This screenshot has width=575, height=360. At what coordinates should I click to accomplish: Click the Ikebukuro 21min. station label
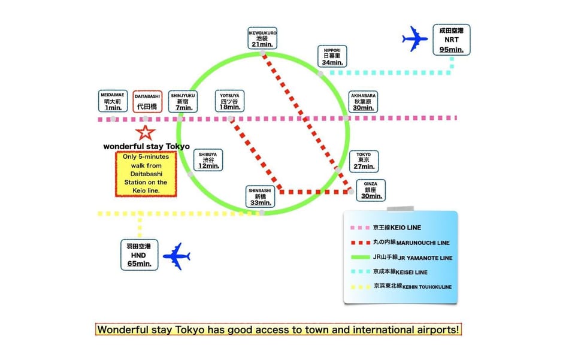click(x=262, y=38)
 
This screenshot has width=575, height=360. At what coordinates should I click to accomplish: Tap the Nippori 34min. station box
click(x=332, y=56)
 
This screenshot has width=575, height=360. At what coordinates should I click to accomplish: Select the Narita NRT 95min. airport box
click(x=452, y=40)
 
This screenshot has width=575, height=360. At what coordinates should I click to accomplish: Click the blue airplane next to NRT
click(x=415, y=38)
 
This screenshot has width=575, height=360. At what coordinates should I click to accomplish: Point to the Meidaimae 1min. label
click(x=113, y=101)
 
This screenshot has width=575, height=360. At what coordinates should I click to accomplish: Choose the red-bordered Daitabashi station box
click(x=147, y=102)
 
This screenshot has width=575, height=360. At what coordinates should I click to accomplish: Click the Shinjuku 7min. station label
click(x=183, y=102)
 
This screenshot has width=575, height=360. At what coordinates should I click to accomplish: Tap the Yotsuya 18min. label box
click(x=229, y=101)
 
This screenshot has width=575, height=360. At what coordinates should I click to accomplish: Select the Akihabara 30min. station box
click(x=363, y=102)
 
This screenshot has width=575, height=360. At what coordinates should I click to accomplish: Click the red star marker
click(x=145, y=133)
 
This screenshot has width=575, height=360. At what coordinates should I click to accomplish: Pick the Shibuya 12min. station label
click(x=208, y=160)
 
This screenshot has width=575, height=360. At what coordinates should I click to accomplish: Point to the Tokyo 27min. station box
click(x=364, y=161)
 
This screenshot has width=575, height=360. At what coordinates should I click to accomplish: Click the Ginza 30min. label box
click(x=371, y=190)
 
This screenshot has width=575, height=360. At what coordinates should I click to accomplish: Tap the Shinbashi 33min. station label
click(x=260, y=196)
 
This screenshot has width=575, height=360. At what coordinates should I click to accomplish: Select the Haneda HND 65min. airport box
click(x=140, y=255)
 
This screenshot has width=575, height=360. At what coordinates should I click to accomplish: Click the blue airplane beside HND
click(x=176, y=256)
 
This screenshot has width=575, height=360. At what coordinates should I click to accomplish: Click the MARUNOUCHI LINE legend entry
click(x=400, y=243)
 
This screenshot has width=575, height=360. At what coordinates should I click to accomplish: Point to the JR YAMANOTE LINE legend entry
click(x=401, y=258)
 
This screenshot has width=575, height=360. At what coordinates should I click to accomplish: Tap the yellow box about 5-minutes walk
click(x=146, y=174)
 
